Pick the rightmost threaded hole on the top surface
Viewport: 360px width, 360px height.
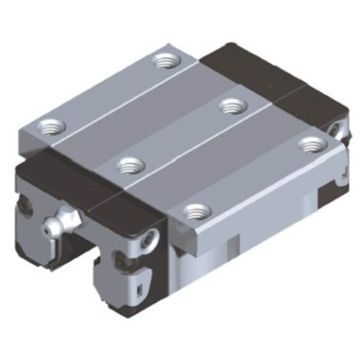[308, 143]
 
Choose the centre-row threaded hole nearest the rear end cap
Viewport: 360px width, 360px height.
[230, 105]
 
